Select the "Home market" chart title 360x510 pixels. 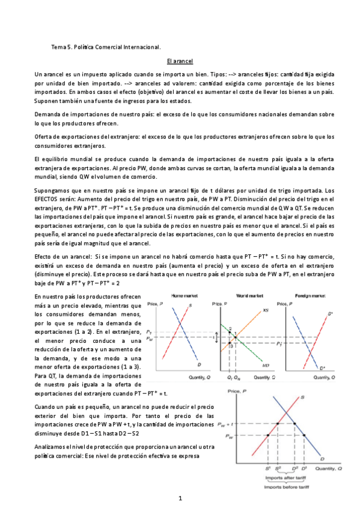pos(181,296)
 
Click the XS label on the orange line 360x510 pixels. pos(265,312)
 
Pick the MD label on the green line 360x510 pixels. pos(265,365)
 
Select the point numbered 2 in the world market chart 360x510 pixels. pos(230,327)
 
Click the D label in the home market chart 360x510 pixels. pos(198,364)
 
